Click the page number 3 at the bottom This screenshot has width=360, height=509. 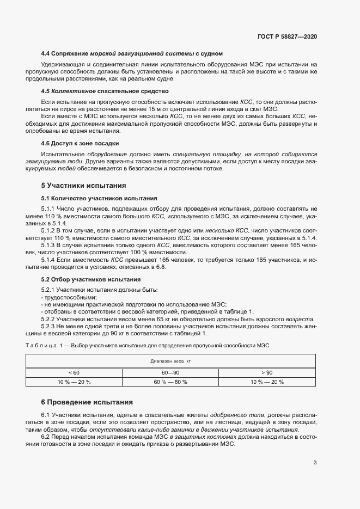[x=315, y=463]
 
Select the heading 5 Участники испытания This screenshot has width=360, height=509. [x=84, y=185]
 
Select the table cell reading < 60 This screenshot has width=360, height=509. [x=74, y=372]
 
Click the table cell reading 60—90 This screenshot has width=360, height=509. [x=170, y=372]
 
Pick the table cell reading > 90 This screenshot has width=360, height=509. [x=267, y=372]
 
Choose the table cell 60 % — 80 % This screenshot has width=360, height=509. [x=170, y=382]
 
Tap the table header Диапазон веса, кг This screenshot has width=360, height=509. [x=170, y=361]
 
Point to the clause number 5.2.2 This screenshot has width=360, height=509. [x=48, y=318]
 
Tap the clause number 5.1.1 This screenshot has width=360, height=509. [x=48, y=209]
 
